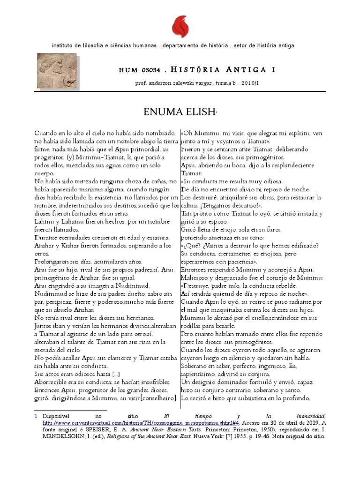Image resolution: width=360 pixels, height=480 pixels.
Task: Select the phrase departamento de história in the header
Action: pos(194,45)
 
